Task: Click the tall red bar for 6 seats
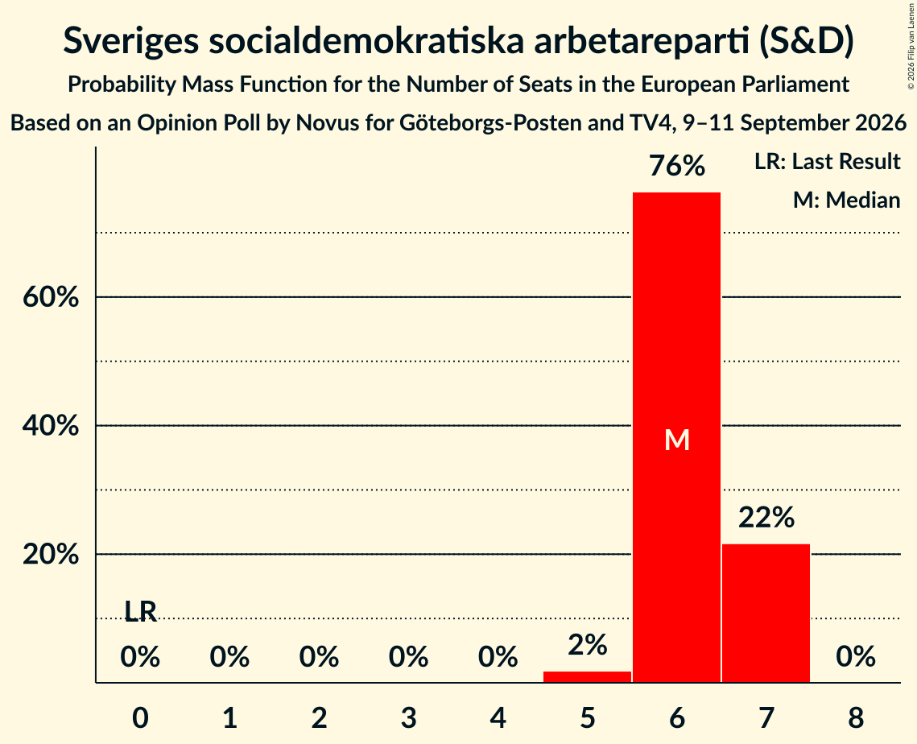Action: (x=676, y=437)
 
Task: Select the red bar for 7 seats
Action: (x=766, y=613)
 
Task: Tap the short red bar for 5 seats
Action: (x=587, y=676)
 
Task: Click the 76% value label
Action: (x=677, y=166)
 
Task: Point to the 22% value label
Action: (x=766, y=518)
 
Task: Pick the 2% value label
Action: (x=588, y=645)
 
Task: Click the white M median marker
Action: (x=677, y=440)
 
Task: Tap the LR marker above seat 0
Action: (x=141, y=612)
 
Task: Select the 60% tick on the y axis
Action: (x=51, y=297)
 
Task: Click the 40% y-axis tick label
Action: (x=51, y=425)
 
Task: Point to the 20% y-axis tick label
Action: (x=51, y=554)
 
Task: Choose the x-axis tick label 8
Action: (x=856, y=717)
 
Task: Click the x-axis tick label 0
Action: (x=140, y=717)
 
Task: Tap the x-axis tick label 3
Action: (x=409, y=717)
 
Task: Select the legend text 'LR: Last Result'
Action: (x=828, y=161)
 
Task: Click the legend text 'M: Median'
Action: (x=847, y=200)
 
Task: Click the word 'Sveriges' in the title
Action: (x=131, y=42)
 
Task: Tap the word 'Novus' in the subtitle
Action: (x=324, y=123)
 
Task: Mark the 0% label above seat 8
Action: (x=856, y=657)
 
